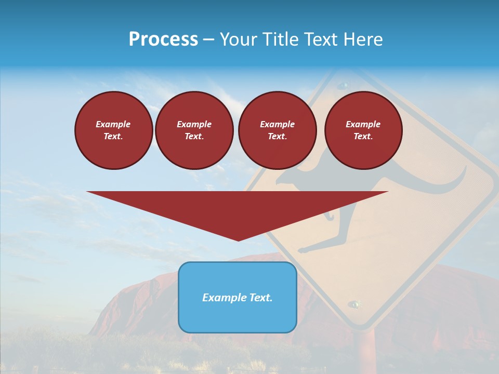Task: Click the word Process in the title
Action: tap(163, 39)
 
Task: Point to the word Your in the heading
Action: tap(239, 39)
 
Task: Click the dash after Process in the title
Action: tap(208, 39)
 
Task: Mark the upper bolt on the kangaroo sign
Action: tap(343, 85)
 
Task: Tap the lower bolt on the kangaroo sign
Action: tap(354, 303)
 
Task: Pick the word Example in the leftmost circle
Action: tap(113, 124)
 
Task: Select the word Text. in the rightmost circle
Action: tap(363, 136)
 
